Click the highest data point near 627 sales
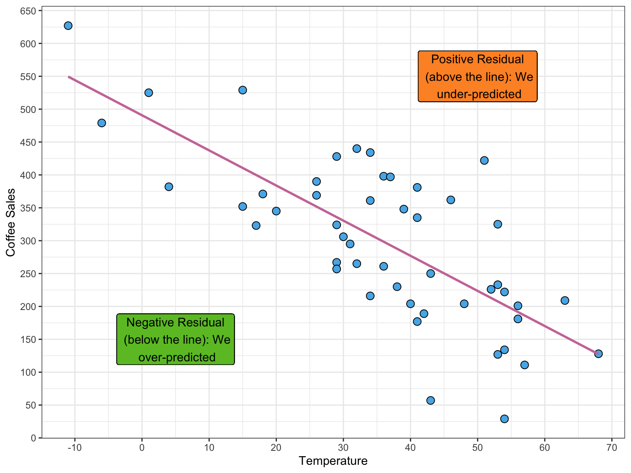pyautogui.click(x=68, y=26)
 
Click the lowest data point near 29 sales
pyautogui.click(x=504, y=419)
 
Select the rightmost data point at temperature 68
pyautogui.click(x=598, y=354)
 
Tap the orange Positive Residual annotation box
pyautogui.click(x=477, y=76)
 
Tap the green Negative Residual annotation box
pyautogui.click(x=175, y=340)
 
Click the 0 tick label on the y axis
pyautogui.click(x=33, y=438)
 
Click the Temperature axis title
pyautogui.click(x=333, y=461)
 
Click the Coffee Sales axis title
pyautogui.click(x=11, y=222)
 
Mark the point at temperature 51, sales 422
pyautogui.click(x=484, y=161)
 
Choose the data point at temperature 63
pyautogui.click(x=565, y=301)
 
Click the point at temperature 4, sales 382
pyautogui.click(x=169, y=187)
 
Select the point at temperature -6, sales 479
pyautogui.click(x=102, y=123)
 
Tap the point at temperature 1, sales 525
pyautogui.click(x=149, y=93)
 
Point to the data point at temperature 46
pyautogui.click(x=451, y=200)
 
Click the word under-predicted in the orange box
pyautogui.click(x=479, y=94)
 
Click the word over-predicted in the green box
pyautogui.click(x=177, y=358)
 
